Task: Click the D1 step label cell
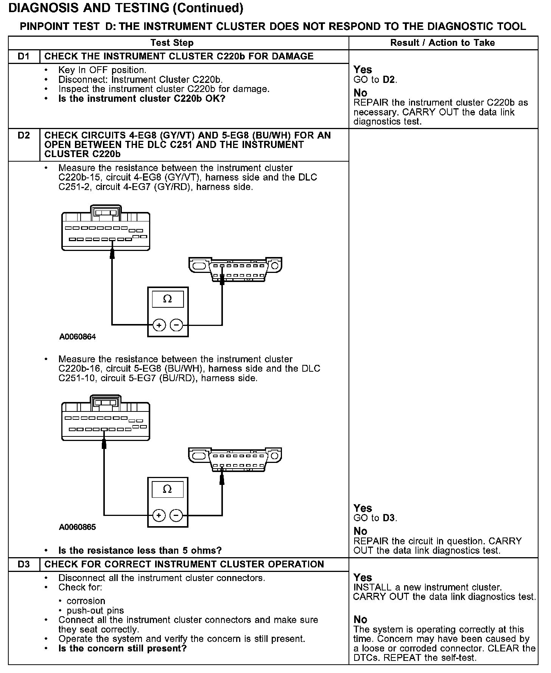point(23,56)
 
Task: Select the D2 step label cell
point(23,136)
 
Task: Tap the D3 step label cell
point(23,564)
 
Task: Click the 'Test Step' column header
point(172,43)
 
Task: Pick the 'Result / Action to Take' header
point(442,43)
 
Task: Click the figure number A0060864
point(78,336)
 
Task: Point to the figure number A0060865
point(78,527)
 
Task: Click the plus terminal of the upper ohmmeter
point(159,325)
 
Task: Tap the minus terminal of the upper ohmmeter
point(176,325)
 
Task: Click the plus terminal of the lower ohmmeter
point(159,516)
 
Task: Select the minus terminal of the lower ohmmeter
point(176,516)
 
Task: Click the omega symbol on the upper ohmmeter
point(167,299)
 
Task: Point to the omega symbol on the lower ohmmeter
point(167,489)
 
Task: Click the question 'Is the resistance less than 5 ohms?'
point(140,550)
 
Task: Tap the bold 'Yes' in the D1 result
point(363,70)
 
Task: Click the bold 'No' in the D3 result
point(360,620)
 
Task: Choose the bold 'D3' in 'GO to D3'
point(389,518)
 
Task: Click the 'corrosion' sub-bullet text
point(86,601)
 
